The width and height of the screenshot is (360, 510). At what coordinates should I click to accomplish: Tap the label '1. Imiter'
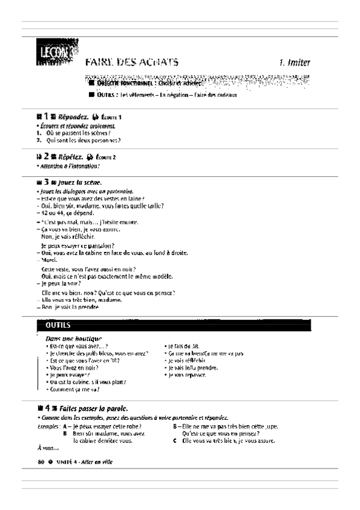pyautogui.click(x=294, y=62)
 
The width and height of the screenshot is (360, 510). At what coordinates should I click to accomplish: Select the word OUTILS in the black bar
pyautogui.click(x=58, y=325)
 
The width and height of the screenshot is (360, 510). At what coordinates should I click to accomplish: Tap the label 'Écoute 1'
pyautogui.click(x=112, y=117)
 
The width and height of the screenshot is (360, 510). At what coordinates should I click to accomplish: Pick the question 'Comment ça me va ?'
pyautogui.click(x=75, y=389)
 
